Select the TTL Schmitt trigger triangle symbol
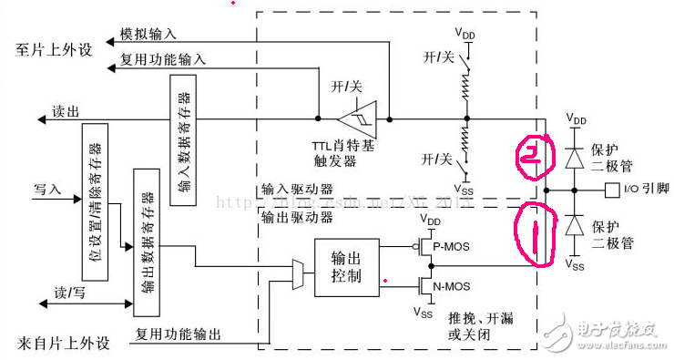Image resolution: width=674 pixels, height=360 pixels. [359, 118]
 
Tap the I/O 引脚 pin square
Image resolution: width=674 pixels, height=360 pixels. [609, 190]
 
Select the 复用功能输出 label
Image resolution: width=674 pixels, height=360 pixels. [179, 334]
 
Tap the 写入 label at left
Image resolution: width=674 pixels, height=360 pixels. [47, 190]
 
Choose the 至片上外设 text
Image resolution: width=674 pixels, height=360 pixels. [55, 47]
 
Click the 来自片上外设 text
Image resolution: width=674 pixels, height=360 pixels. [64, 344]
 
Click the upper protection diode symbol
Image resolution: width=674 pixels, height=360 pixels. [574, 156]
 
